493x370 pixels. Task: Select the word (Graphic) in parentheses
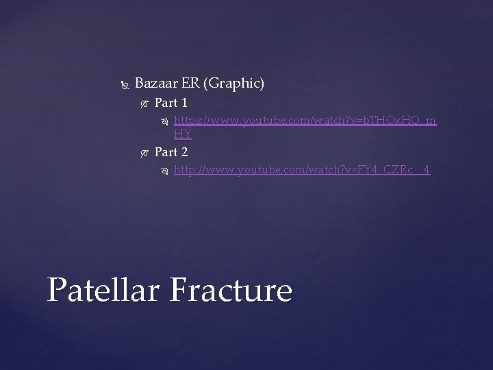[x=234, y=84]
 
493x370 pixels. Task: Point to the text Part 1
[x=171, y=103]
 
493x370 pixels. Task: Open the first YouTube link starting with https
[x=305, y=121]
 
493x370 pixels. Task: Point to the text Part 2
[x=171, y=152]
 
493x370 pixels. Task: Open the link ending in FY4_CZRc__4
[x=302, y=169]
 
